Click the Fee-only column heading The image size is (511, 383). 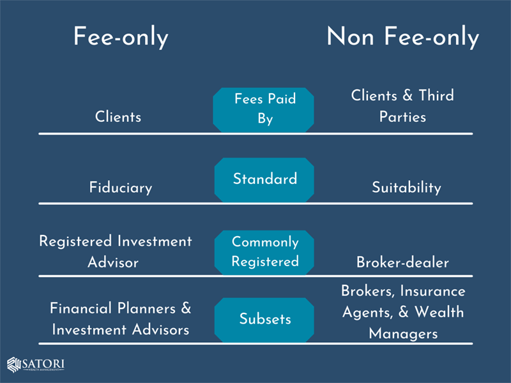tap(121, 37)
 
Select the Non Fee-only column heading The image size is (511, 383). tap(403, 37)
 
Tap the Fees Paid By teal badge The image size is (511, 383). tap(264, 110)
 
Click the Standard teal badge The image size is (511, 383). tap(264, 180)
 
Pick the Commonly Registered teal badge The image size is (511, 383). tap(264, 252)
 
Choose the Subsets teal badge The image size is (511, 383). tap(264, 320)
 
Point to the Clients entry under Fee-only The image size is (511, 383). tap(118, 117)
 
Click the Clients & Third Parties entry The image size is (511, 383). tap(402, 106)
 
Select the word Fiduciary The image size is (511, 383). tap(121, 188)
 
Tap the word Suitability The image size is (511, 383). tap(406, 188)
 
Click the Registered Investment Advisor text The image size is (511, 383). tap(116, 252)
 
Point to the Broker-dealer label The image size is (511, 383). tap(402, 262)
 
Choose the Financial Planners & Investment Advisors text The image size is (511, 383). tap(120, 319)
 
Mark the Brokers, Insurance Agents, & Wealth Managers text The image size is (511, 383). tap(403, 312)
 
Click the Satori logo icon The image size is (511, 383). tap(14, 364)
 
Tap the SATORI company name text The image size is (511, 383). tap(43, 364)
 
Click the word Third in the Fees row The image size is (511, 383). tap(436, 95)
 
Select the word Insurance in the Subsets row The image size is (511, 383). tap(433, 291)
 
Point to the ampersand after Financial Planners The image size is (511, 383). tap(186, 308)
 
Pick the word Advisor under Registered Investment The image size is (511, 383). tap(113, 262)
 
